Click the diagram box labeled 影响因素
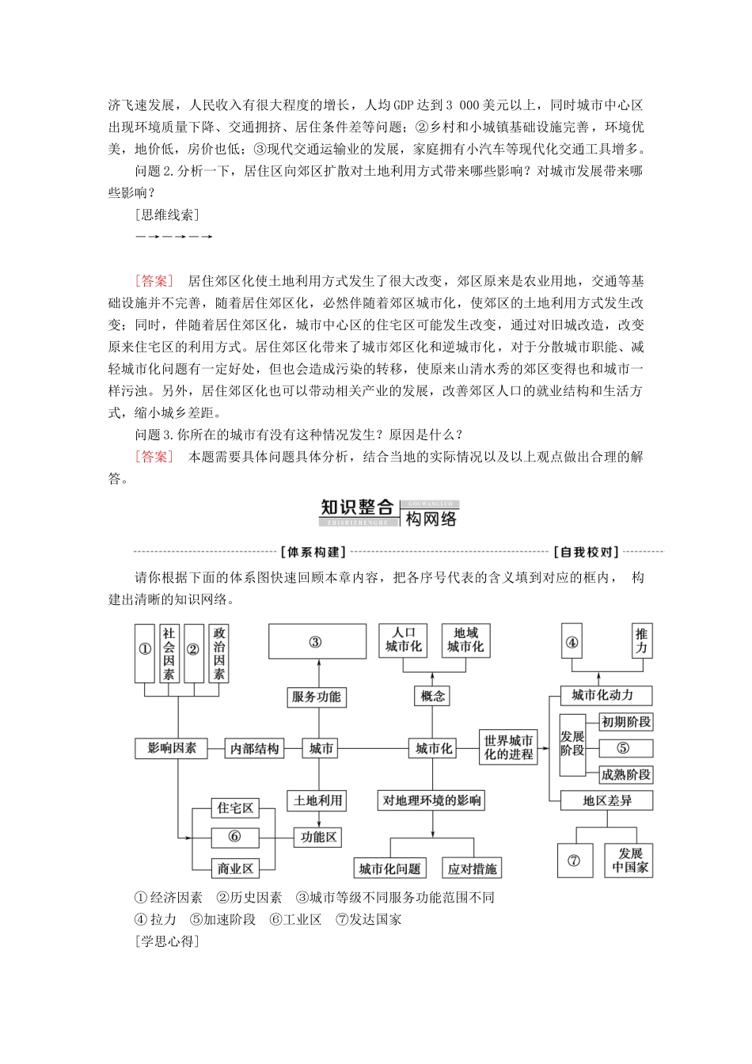click(x=172, y=748)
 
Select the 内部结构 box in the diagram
click(x=255, y=748)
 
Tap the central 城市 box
click(x=321, y=748)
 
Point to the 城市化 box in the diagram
click(x=433, y=748)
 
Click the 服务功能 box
click(x=316, y=697)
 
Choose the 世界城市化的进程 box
click(x=510, y=748)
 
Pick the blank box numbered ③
click(x=317, y=641)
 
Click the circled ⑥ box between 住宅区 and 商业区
click(x=235, y=837)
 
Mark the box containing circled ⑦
click(x=575, y=861)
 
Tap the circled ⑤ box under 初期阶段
click(x=625, y=748)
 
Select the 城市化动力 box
click(x=602, y=695)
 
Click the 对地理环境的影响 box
click(x=432, y=800)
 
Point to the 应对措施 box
click(x=473, y=868)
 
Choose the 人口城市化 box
click(x=404, y=640)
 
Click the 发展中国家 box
click(x=630, y=861)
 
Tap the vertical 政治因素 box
click(x=218, y=653)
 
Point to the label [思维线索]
click(x=167, y=215)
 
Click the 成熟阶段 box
click(x=625, y=774)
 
